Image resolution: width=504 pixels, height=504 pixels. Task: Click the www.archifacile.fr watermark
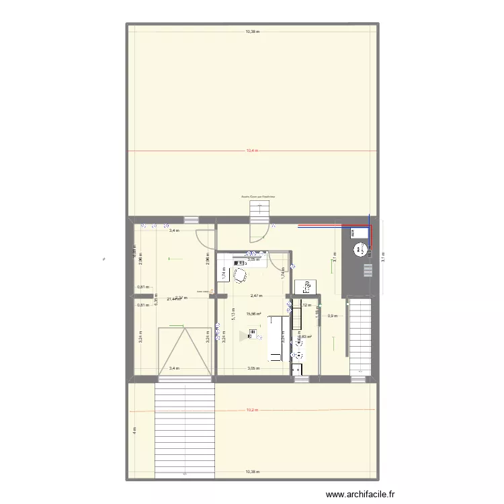[x=360, y=495]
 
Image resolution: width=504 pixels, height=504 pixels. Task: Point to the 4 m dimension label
[x=134, y=430]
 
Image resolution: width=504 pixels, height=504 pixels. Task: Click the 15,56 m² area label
[x=253, y=314]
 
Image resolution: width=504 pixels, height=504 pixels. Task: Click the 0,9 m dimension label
[x=331, y=316]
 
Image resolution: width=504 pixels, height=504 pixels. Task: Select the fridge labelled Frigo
[x=306, y=287]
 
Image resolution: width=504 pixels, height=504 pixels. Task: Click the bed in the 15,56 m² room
[x=276, y=338]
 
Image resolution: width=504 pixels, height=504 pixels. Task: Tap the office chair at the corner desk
[x=239, y=276]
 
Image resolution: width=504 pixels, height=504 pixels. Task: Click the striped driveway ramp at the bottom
[x=184, y=430]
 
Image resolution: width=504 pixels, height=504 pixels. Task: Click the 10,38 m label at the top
[x=252, y=31]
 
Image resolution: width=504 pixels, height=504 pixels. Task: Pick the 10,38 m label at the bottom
[x=252, y=472]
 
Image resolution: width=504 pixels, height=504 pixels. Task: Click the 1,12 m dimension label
[x=306, y=305]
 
